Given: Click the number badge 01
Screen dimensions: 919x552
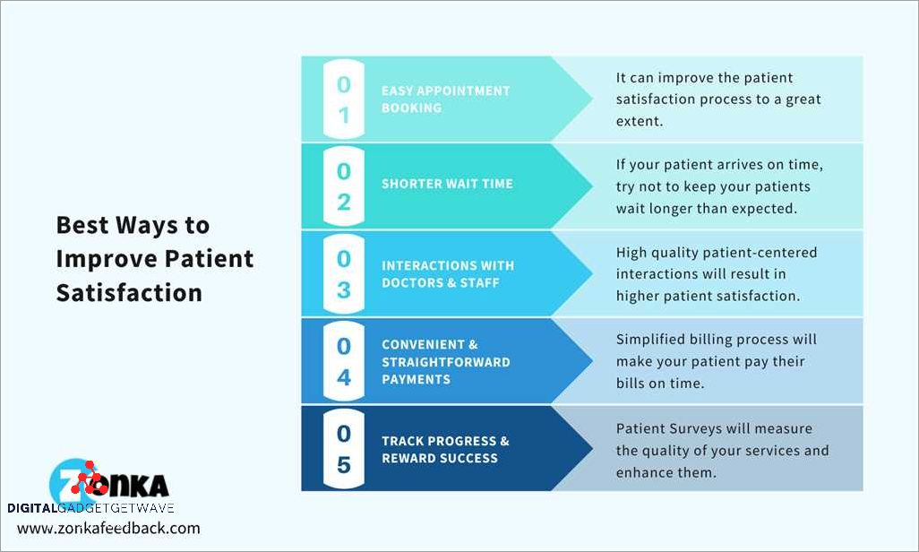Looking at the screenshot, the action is point(344,99).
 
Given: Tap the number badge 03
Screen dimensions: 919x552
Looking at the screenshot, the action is point(344,274).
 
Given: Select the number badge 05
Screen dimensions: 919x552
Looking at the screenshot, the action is point(344,449).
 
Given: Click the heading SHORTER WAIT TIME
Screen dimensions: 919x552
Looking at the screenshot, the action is point(447,184).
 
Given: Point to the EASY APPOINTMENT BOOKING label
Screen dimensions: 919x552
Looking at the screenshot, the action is point(445,99).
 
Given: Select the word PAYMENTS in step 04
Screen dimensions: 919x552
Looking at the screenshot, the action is point(417,380).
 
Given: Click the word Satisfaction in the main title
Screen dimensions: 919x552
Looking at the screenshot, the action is point(129,293).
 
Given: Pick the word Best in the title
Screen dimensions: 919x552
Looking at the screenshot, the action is point(82,225).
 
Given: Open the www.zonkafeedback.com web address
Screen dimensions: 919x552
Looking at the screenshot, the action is point(108,528).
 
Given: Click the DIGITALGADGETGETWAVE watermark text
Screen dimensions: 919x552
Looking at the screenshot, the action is point(90,508).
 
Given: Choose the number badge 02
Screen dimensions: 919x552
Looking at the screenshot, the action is point(344,186).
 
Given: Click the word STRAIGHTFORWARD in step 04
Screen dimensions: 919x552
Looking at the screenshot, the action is point(446,362).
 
